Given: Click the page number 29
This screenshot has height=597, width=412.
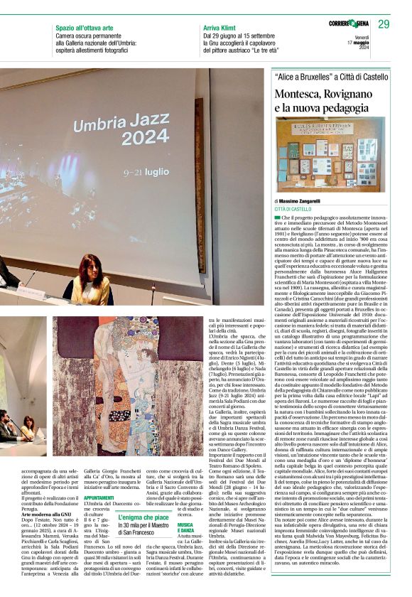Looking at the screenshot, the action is click(384, 24).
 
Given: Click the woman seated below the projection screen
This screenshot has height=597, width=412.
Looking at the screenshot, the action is click(92, 281).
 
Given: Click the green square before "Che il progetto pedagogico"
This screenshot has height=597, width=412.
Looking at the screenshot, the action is click(277, 217).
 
